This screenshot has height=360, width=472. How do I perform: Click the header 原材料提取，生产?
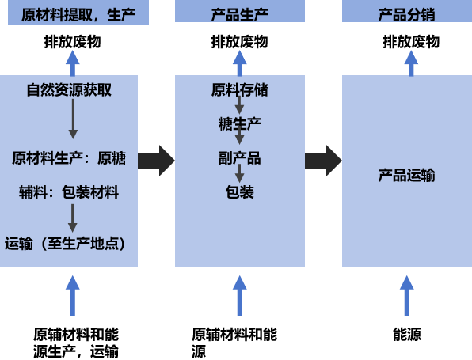click(x=78, y=15)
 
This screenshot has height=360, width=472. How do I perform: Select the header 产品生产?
click(x=240, y=15)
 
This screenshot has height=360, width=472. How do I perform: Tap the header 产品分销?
click(x=407, y=15)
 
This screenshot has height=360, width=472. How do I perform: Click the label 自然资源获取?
click(x=69, y=89)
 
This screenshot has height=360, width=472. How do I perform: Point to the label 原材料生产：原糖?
click(x=69, y=158)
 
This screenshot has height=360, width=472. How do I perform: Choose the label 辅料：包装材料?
click(x=69, y=192)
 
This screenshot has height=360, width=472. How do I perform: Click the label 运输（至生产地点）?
click(x=65, y=244)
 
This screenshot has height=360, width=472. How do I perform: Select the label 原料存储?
click(x=240, y=89)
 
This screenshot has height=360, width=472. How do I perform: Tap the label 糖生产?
click(x=240, y=123)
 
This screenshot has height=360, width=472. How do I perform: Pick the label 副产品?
click(x=240, y=158)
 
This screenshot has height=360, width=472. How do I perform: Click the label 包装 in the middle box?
click(x=240, y=192)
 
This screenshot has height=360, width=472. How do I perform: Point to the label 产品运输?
click(x=407, y=175)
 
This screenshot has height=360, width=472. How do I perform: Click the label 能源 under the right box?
click(x=407, y=334)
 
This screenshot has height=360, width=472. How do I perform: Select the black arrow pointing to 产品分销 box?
click(x=323, y=161)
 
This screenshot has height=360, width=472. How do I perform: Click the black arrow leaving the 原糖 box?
click(x=156, y=161)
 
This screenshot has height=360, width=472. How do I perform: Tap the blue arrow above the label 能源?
click(x=407, y=296)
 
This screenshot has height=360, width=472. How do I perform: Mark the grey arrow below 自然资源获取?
click(x=73, y=119)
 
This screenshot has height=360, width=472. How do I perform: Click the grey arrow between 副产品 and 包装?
click(x=240, y=173)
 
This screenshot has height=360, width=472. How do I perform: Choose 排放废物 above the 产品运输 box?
click(x=411, y=41)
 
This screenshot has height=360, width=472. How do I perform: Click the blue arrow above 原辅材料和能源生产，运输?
click(x=73, y=296)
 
